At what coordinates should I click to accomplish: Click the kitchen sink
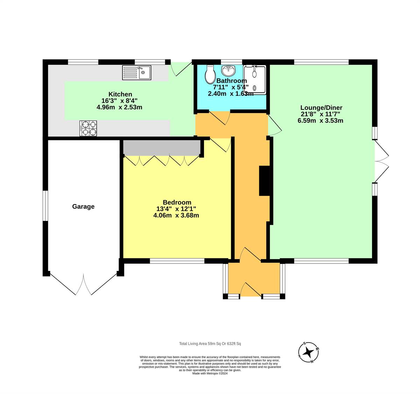(x=136, y=72)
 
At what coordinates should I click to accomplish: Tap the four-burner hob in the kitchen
(x=88, y=128)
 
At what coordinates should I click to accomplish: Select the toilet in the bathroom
(x=210, y=74)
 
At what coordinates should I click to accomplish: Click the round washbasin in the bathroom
(x=229, y=71)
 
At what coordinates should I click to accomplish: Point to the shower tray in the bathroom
(x=254, y=80)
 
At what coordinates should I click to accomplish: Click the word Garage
(x=83, y=206)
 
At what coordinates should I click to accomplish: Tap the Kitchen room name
(x=120, y=94)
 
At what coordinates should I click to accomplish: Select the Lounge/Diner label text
(x=321, y=108)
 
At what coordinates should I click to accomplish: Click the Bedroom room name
(x=177, y=202)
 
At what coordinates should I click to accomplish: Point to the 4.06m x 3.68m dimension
(x=176, y=215)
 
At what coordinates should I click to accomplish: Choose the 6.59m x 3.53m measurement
(x=320, y=121)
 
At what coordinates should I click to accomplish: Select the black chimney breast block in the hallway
(x=264, y=181)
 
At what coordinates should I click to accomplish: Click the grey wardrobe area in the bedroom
(x=162, y=148)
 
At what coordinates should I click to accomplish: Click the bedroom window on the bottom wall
(x=177, y=261)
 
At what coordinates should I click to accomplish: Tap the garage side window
(x=45, y=206)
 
